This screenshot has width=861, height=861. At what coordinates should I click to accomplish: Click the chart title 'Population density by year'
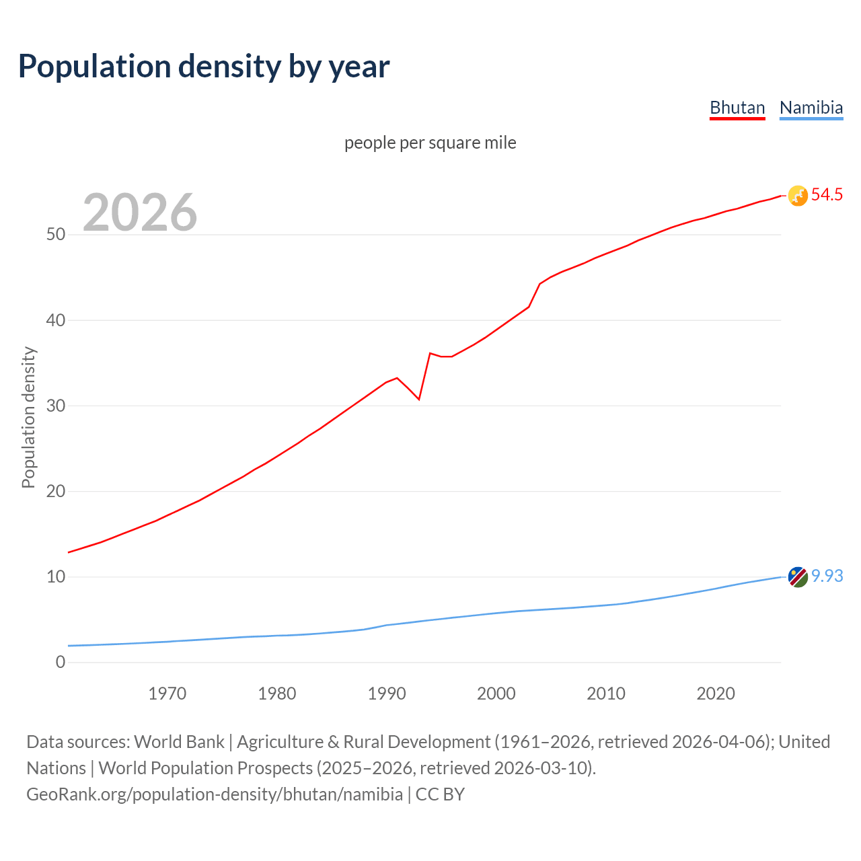[x=204, y=66]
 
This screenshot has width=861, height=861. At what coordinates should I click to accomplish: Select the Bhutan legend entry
[x=737, y=108]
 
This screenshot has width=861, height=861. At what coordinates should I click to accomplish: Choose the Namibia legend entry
[x=811, y=108]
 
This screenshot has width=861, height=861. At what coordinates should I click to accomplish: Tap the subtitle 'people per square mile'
[x=430, y=143]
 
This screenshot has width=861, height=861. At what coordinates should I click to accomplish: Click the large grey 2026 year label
[x=140, y=213]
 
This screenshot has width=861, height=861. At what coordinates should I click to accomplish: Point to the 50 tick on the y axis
[x=56, y=235]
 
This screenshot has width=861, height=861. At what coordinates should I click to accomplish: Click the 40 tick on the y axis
[x=56, y=320]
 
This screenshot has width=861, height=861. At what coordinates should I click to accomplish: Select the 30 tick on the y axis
[x=56, y=406]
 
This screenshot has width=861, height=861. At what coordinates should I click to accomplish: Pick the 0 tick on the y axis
[x=61, y=662]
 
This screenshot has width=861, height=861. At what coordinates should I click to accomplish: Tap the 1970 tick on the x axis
[x=167, y=694]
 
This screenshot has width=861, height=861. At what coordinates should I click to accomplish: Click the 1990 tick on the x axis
[x=387, y=694]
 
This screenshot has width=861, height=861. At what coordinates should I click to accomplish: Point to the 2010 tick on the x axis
[x=606, y=694]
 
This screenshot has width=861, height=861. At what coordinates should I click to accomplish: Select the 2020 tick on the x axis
[x=716, y=694]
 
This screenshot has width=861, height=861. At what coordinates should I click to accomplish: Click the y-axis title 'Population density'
[x=28, y=417]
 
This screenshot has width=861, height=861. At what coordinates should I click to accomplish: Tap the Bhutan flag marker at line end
[x=797, y=196]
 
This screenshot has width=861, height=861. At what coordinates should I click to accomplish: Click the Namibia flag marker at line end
[x=797, y=576]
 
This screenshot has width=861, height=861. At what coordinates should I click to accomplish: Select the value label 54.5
[x=827, y=195]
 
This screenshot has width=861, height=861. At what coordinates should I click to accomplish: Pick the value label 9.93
[x=827, y=576]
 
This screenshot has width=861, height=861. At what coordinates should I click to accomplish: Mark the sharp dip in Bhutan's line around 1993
[x=419, y=399]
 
